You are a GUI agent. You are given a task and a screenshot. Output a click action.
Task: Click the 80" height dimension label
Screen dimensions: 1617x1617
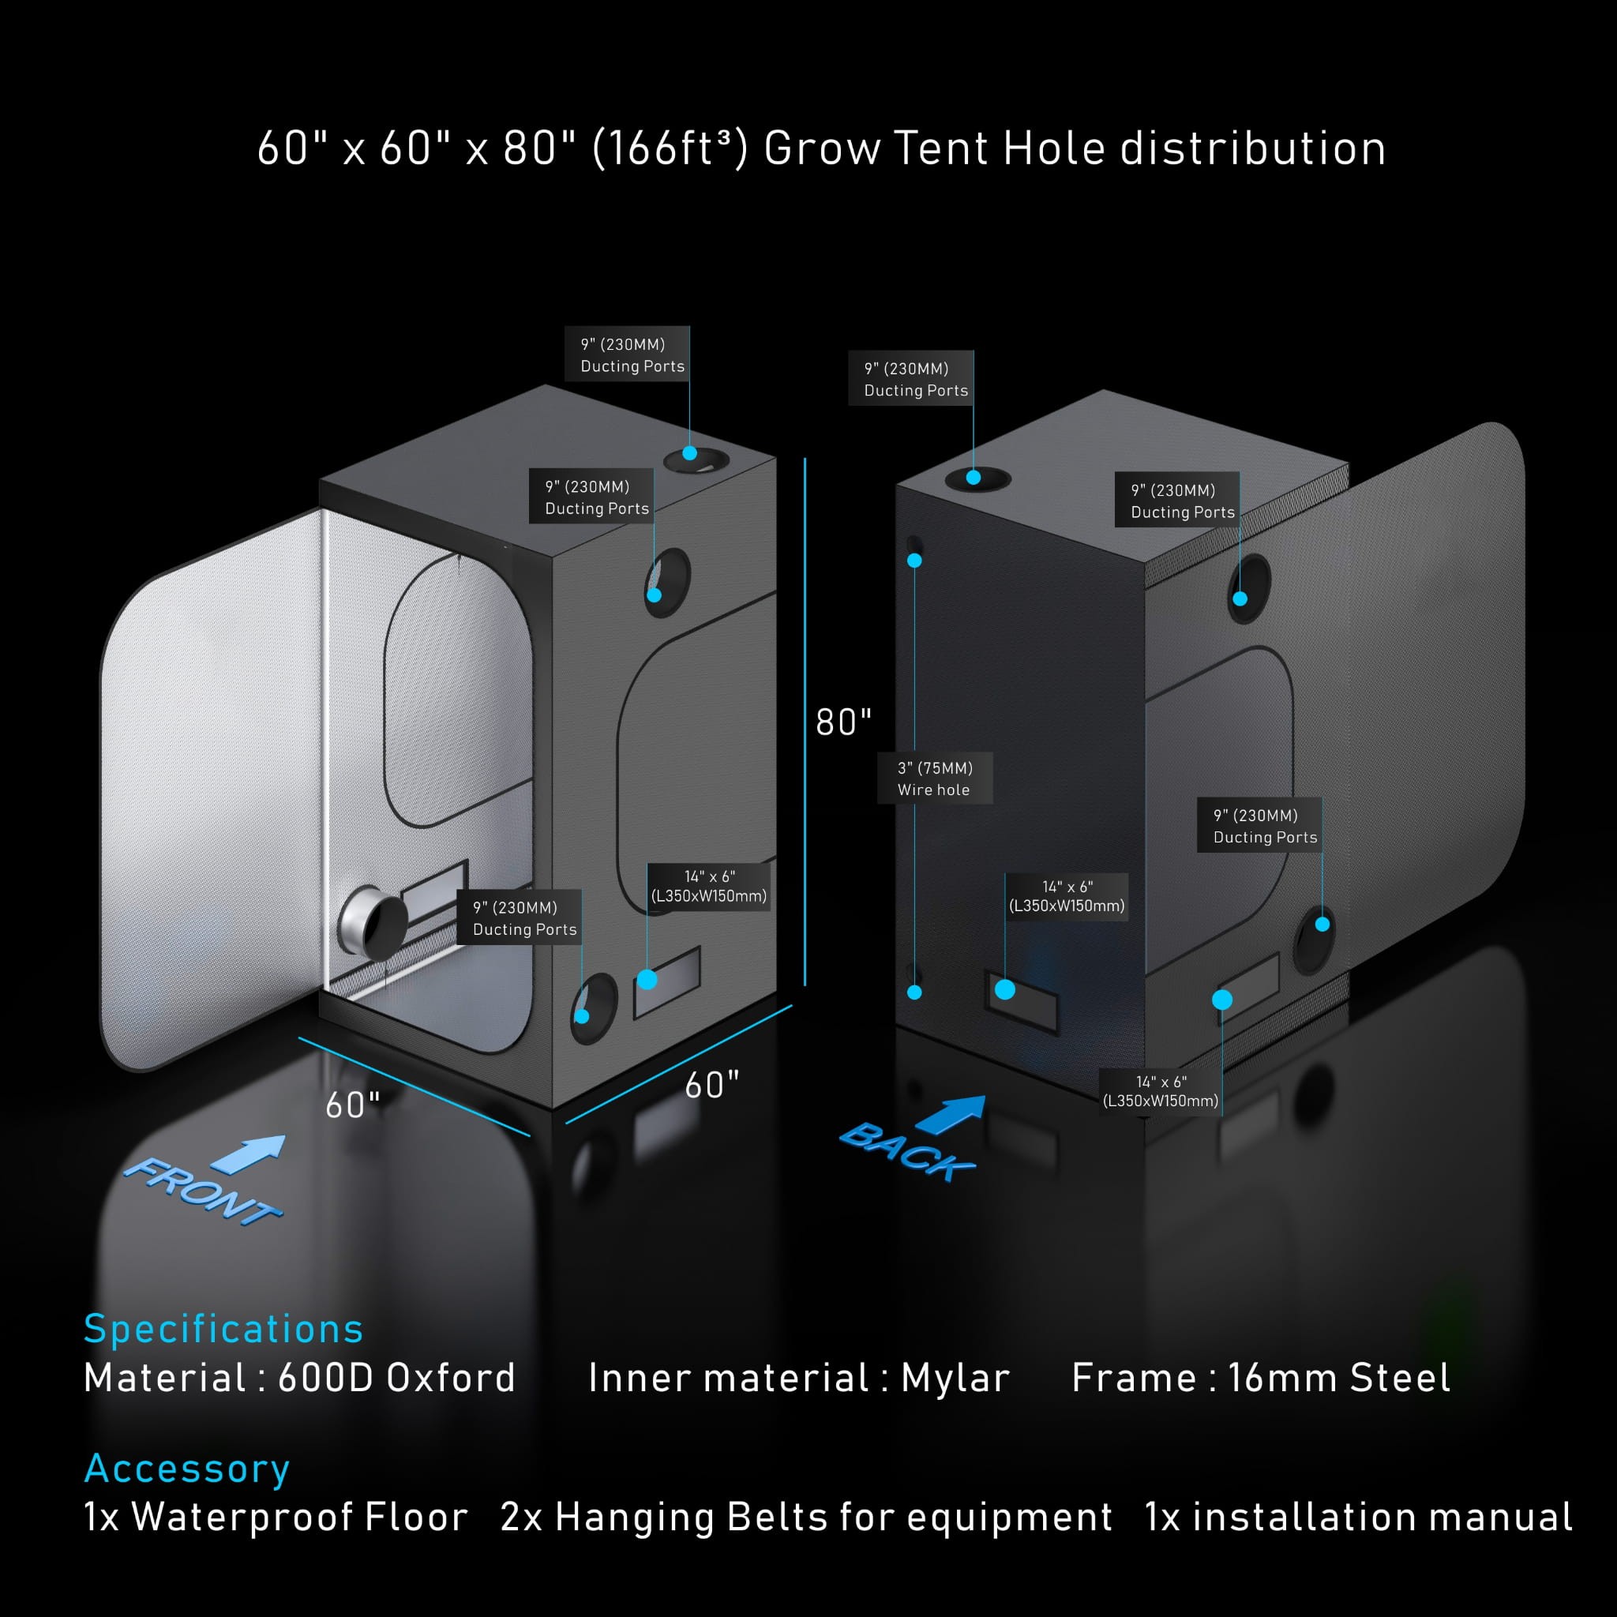(x=842, y=722)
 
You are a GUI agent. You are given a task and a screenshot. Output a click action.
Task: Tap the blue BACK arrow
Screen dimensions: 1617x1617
(x=951, y=1115)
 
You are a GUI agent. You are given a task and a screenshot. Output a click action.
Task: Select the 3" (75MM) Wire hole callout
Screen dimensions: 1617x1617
(x=934, y=778)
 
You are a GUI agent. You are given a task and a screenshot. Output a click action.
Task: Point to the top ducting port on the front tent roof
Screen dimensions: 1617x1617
(x=696, y=460)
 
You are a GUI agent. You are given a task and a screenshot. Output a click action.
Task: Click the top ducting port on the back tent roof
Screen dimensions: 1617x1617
(x=977, y=478)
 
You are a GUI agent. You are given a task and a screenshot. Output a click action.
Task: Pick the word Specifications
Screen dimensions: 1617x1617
(x=223, y=1328)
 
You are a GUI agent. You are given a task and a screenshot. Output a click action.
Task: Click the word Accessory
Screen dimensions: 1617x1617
(x=187, y=1468)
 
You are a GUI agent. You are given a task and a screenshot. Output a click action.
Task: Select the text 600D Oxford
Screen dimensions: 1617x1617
(x=396, y=1379)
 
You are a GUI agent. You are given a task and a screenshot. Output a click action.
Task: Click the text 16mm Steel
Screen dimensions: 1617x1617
(x=1338, y=1379)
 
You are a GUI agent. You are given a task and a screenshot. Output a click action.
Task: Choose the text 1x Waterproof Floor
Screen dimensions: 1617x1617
(x=276, y=1518)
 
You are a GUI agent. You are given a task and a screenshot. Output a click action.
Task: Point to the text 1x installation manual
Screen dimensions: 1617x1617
(x=1358, y=1518)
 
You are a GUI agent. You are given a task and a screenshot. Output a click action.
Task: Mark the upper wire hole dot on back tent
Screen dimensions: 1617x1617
(x=915, y=561)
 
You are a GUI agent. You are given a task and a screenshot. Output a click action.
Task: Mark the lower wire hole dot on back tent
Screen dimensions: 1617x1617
(x=915, y=992)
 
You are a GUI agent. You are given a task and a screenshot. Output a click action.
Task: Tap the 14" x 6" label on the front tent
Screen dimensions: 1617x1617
(x=709, y=887)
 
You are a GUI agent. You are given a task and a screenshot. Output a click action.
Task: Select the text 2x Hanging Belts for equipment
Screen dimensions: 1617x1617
(x=806, y=1518)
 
